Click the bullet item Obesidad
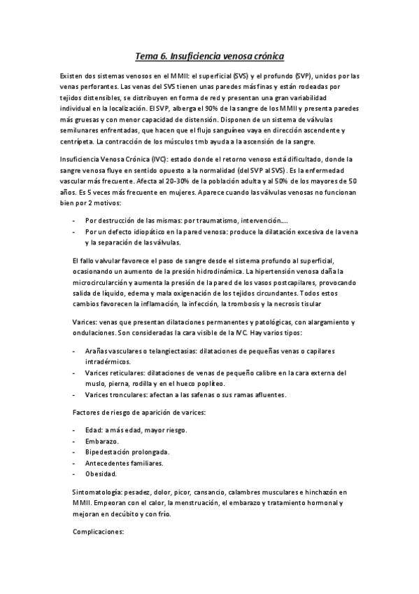pyautogui.click(x=101, y=473)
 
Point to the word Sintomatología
pyautogui.click(x=99, y=492)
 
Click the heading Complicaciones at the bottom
pyautogui.click(x=98, y=531)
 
